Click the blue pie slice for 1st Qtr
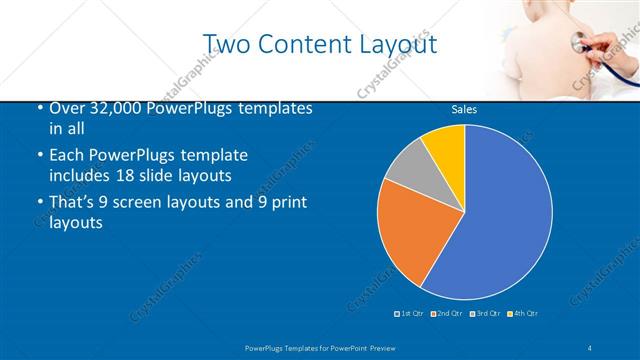coord(500,215)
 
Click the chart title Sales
coord(463,109)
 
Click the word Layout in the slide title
coord(397,45)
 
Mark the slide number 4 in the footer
coord(590,347)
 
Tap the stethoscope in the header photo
coord(580,42)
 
